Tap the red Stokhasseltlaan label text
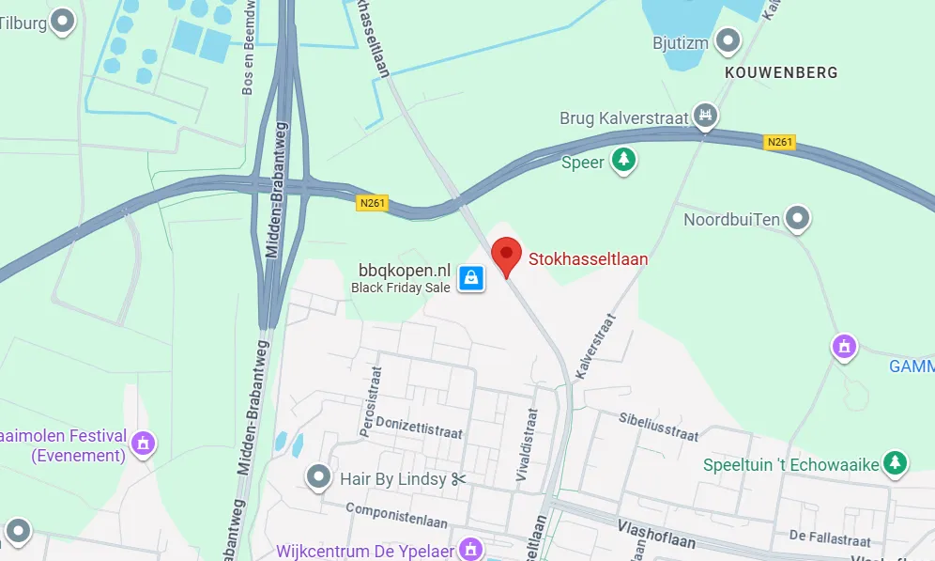tap(589, 259)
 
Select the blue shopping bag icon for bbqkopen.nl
tap(471, 277)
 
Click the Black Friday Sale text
tap(401, 288)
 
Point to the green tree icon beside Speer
tap(622, 161)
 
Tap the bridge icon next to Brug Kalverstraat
tap(706, 117)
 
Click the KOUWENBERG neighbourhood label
tap(781, 72)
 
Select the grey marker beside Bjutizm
tap(728, 40)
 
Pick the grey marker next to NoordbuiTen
tap(798, 219)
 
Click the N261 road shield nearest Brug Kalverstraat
tap(780, 143)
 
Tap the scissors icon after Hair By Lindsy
tap(458, 479)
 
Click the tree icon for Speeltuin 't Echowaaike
tap(897, 462)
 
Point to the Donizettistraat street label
tap(419, 428)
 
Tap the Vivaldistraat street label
tap(527, 444)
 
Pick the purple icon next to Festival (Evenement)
tap(143, 440)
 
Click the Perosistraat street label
tap(369, 401)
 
